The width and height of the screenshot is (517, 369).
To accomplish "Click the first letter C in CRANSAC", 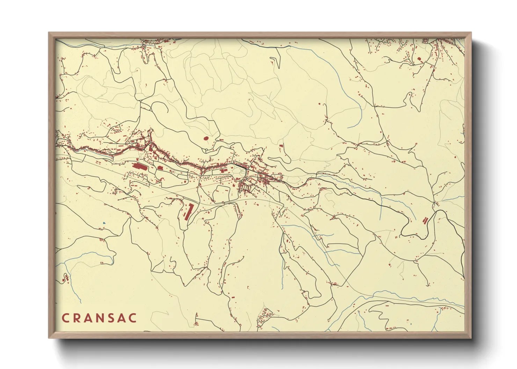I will point(65,318).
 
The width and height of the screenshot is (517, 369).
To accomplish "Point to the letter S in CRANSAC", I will point(111,318).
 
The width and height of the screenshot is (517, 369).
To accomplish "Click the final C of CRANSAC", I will point(133,318).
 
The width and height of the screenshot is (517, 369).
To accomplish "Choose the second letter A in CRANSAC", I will point(122,318).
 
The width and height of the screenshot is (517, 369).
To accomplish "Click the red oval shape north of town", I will point(206,138).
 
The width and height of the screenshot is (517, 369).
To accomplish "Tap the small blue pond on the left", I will point(104,223).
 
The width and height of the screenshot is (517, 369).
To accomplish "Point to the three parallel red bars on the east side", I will point(425,220).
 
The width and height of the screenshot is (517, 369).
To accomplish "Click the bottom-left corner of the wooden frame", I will point(49,338).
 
